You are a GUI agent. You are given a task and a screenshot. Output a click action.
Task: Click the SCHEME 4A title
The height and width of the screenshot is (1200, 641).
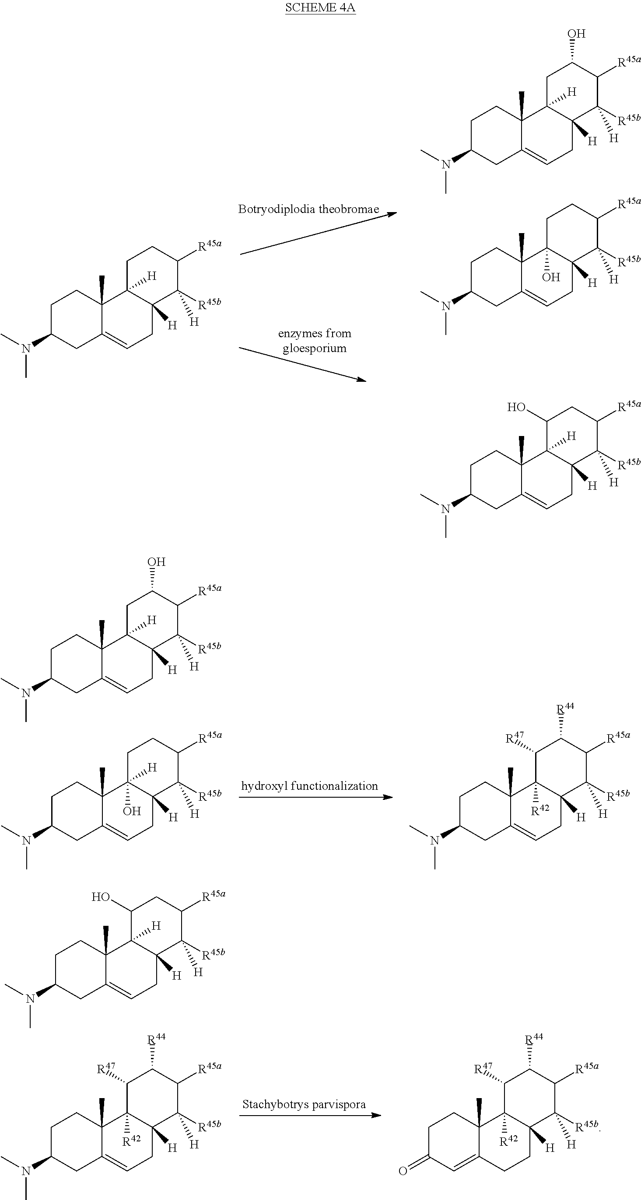click(321, 7)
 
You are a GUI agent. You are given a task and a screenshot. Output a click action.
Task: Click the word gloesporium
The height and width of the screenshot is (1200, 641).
click(315, 349)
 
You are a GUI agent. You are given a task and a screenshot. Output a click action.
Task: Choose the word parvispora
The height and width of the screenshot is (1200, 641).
click(336, 1105)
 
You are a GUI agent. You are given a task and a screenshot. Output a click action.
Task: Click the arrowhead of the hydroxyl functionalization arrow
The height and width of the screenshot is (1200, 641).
click(388, 797)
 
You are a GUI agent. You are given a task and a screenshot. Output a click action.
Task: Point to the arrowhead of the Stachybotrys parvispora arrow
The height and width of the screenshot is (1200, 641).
click(376, 1115)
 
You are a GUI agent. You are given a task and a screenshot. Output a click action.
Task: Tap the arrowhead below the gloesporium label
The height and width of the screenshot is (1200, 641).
click(361, 380)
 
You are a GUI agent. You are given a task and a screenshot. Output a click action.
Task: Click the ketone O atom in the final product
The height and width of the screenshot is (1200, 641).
click(403, 1170)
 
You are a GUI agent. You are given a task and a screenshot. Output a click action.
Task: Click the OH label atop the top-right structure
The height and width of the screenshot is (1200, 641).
click(576, 34)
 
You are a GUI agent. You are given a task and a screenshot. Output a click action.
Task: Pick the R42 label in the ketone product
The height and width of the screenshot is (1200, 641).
click(508, 1141)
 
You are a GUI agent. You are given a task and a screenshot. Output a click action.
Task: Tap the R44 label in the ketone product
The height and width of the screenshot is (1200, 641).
click(534, 1040)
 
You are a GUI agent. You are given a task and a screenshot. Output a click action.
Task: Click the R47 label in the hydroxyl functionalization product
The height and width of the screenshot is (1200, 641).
click(515, 737)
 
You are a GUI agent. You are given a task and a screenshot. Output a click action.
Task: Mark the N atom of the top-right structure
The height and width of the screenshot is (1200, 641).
click(446, 164)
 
